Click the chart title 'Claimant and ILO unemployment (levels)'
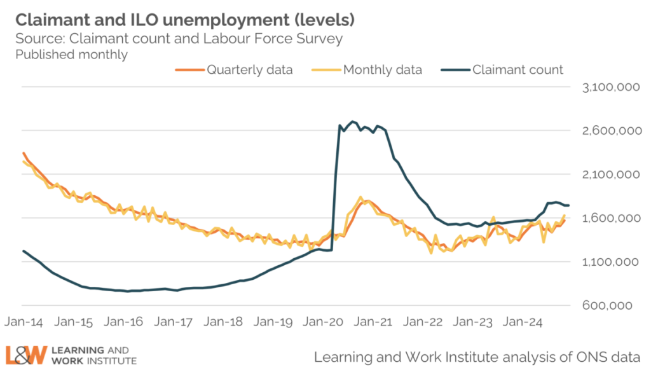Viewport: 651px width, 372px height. [x=184, y=20]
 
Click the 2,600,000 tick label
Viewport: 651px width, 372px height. [x=610, y=131]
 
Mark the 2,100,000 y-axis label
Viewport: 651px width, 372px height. [x=610, y=174]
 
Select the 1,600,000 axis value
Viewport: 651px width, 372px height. [x=610, y=218]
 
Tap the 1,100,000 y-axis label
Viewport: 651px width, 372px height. [x=610, y=262]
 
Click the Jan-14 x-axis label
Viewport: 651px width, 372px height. [x=25, y=322]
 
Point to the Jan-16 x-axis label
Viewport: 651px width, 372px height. [x=125, y=322]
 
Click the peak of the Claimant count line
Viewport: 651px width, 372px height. [x=353, y=121]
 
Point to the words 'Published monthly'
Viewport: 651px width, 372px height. [x=71, y=55]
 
